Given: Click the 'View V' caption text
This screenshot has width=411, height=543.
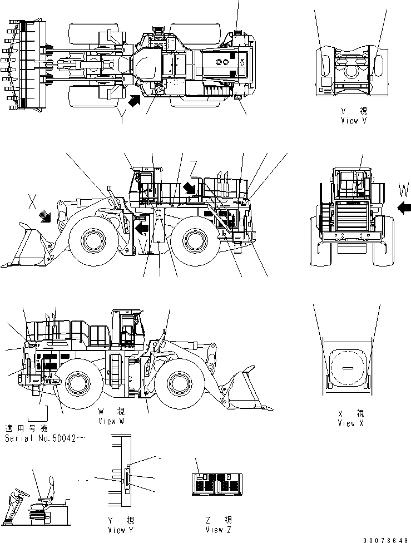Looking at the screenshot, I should point(354,121).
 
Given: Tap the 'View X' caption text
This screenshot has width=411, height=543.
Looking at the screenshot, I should point(350,423).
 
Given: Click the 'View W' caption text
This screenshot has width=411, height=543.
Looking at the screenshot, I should point(115,421).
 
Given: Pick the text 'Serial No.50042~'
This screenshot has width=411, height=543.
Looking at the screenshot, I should point(44,438).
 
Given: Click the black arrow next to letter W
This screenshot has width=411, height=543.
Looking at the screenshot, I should point(405,208).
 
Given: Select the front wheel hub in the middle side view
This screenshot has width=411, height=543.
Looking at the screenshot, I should point(92,241).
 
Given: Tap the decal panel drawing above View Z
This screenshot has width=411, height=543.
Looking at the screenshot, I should point(219,483).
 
